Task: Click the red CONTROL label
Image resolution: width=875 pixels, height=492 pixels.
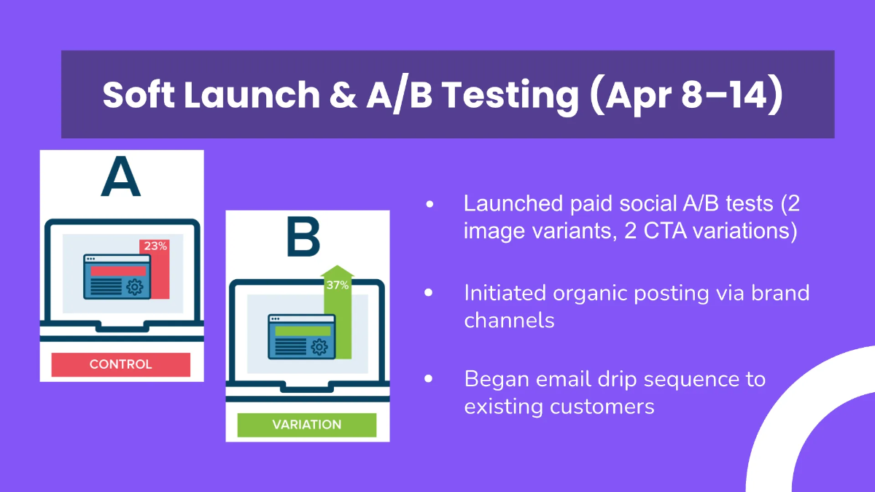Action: click(121, 364)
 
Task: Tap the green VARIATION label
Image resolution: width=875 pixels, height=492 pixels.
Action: click(307, 424)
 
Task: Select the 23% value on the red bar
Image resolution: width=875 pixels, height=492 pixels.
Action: click(155, 246)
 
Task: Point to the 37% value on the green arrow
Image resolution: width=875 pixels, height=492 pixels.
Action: click(338, 285)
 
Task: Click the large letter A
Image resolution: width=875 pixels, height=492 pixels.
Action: click(121, 176)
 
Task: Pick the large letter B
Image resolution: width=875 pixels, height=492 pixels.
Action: click(303, 237)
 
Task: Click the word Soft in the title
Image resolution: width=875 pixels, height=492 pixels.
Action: click(139, 95)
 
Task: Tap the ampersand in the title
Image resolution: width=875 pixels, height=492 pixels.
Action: click(343, 95)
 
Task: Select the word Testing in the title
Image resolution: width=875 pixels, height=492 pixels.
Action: click(511, 96)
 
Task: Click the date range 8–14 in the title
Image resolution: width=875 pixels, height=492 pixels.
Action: click(725, 95)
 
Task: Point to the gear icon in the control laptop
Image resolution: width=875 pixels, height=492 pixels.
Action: click(135, 287)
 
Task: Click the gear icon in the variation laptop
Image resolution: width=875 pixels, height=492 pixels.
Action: click(319, 347)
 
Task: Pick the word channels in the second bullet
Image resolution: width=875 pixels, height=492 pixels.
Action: click(509, 321)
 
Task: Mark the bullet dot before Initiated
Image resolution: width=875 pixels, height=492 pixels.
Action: click(429, 292)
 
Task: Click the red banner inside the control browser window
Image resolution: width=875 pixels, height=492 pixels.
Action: click(118, 271)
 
